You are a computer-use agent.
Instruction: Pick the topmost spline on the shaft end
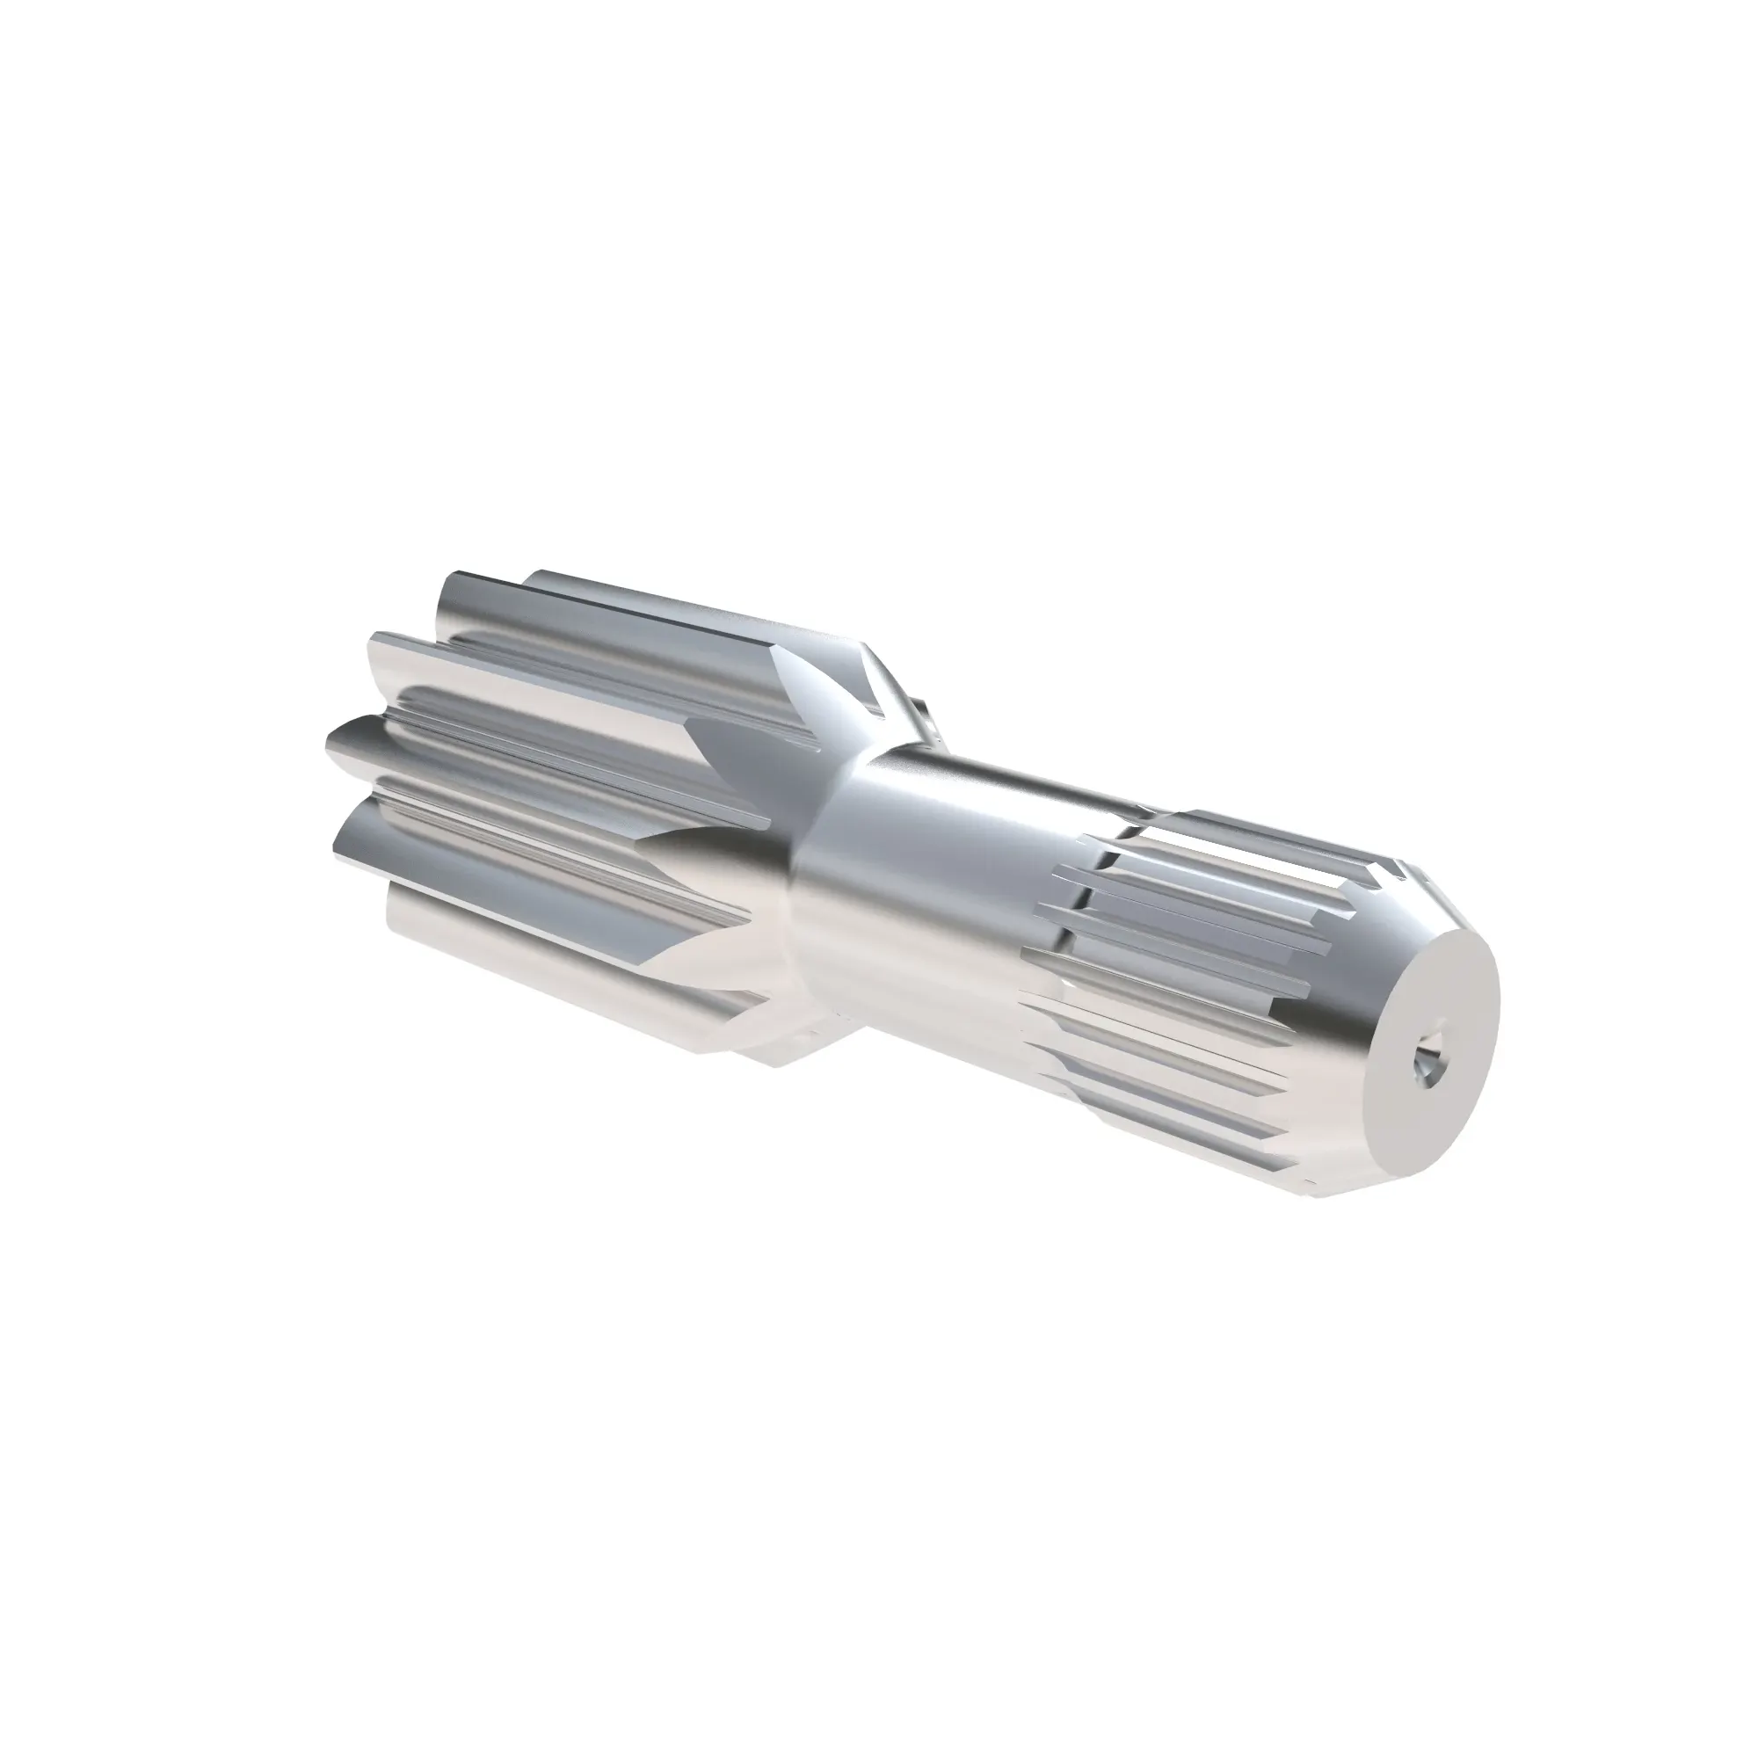(1256, 824)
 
